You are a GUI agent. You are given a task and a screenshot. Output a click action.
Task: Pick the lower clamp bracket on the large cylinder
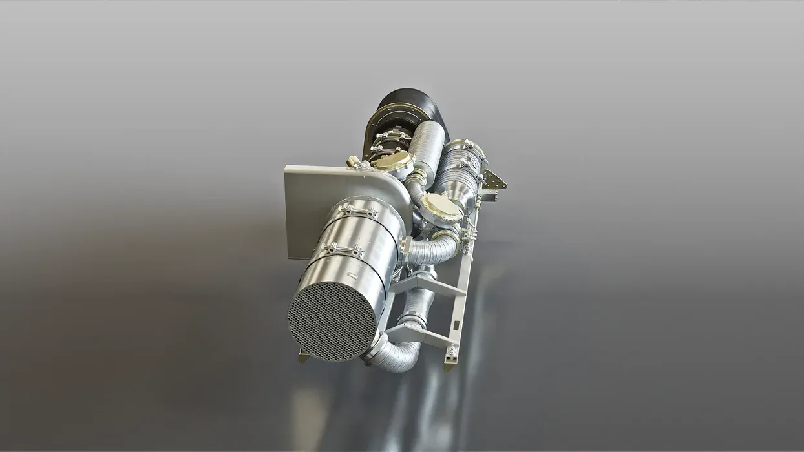[343, 249]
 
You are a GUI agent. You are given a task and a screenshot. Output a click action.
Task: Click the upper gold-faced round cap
[392, 161]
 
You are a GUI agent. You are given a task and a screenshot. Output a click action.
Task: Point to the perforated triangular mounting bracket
[494, 179]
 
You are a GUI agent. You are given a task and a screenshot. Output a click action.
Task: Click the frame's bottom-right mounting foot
[450, 364]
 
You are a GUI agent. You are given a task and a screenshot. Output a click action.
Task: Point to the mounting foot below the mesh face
[303, 355]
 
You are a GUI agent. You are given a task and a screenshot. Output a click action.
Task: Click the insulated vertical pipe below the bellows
[427, 145]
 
